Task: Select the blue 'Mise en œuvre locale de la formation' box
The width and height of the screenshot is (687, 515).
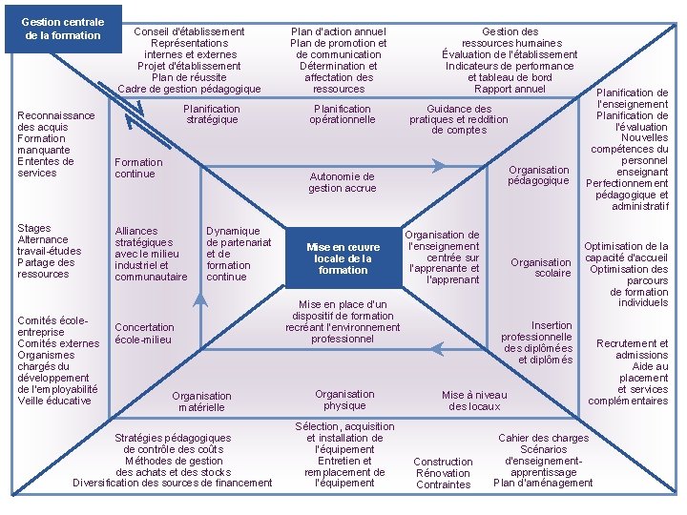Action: (343, 258)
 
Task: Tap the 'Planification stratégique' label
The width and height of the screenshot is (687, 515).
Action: (212, 114)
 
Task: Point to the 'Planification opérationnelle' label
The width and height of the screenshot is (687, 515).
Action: (342, 114)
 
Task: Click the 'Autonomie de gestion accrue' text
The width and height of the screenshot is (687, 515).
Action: (342, 182)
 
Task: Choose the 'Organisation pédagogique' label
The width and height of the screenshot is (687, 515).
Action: (538, 175)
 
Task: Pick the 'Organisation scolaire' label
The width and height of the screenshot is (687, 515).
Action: (540, 268)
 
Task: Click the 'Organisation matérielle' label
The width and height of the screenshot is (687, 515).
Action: (201, 402)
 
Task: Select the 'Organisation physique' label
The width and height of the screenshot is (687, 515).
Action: (344, 400)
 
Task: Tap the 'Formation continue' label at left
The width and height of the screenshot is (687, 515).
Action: (138, 168)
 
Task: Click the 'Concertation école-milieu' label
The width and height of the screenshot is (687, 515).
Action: (144, 333)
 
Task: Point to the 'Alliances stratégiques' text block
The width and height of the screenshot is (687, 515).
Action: (151, 254)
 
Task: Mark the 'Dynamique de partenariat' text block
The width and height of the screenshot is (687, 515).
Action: (239, 254)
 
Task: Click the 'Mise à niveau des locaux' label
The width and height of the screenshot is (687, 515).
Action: (474, 401)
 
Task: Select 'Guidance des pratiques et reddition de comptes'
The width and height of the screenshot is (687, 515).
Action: (459, 120)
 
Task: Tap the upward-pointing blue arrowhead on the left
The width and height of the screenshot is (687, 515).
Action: (199, 299)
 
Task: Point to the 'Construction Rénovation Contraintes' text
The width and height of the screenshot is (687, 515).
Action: (444, 473)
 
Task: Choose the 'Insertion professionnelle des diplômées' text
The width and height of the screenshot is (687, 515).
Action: (537, 342)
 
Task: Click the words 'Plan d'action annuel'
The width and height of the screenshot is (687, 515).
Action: (338, 31)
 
